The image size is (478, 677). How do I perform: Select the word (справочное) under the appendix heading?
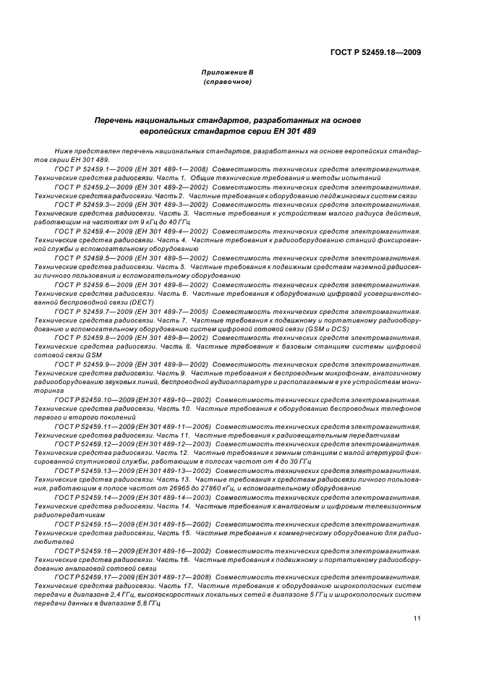tap(227, 82)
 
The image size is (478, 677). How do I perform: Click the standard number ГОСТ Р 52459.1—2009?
tap(90, 168)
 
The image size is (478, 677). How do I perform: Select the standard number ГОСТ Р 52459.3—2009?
tap(90, 205)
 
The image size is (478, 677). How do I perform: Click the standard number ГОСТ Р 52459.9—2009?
tap(90, 364)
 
